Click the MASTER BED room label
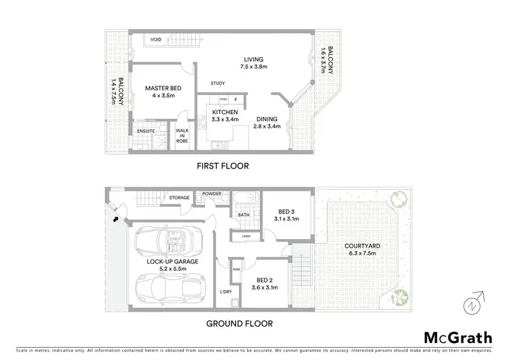(161, 91)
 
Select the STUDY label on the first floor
(218, 84)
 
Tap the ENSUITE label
(145, 131)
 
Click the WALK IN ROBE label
(182, 135)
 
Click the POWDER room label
(212, 194)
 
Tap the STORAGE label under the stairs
(179, 198)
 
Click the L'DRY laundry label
(225, 292)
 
